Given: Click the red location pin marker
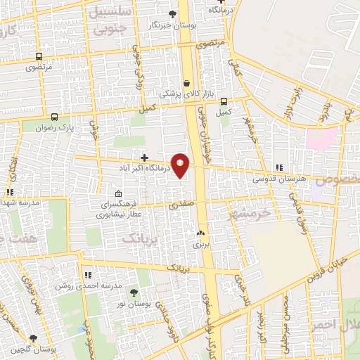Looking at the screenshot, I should point(181,165).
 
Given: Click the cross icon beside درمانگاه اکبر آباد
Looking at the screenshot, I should point(145,158).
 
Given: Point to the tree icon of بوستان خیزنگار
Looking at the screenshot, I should point(173,13).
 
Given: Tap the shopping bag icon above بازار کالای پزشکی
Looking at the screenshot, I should point(186,82).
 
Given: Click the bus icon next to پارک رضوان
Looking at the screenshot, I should point(56,117).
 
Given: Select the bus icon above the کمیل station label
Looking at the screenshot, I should point(224,101).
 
